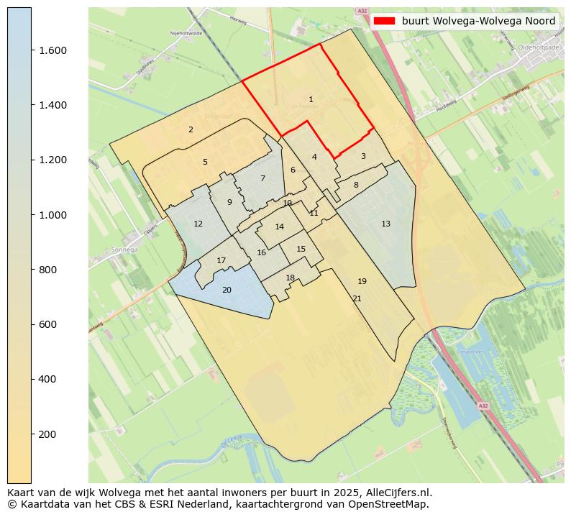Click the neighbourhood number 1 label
311,100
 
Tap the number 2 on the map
191,130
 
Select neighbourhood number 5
205,163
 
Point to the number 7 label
262,179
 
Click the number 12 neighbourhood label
198,224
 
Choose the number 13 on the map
385,224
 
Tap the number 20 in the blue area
227,290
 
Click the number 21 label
357,299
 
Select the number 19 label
362,282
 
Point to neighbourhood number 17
221,261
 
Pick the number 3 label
363,157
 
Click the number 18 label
291,278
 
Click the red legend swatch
384,22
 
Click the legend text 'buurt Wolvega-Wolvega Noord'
478,22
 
